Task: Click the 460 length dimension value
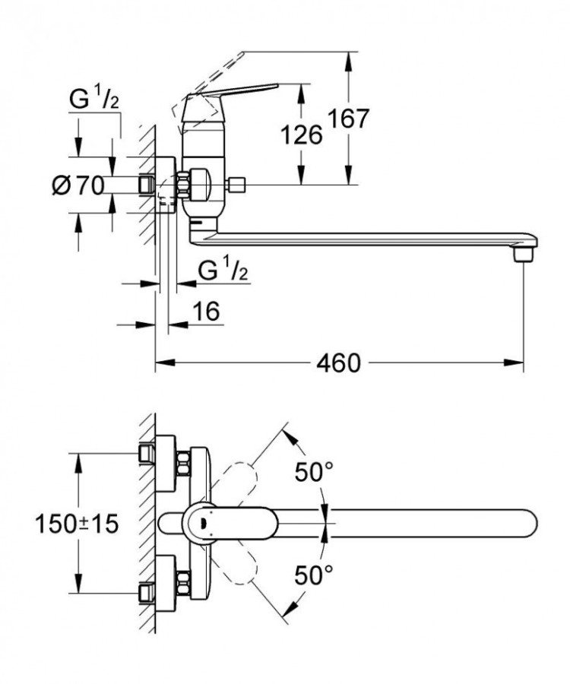(339, 363)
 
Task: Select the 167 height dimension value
(348, 119)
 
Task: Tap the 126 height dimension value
(302, 135)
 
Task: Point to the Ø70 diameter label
(78, 185)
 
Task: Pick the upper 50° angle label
(314, 472)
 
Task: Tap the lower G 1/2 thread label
(222, 270)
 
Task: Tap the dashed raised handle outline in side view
(217, 72)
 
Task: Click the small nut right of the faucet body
(239, 184)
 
